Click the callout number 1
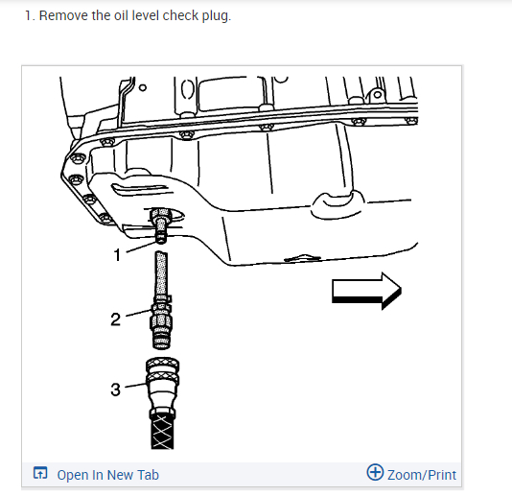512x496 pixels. tap(117, 255)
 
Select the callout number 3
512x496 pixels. tap(115, 389)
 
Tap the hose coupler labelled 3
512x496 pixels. tap(162, 384)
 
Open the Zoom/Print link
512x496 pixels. tap(422, 474)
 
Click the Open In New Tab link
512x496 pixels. tap(107, 475)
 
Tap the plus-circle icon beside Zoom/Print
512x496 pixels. tap(376, 473)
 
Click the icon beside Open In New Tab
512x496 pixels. tap(40, 474)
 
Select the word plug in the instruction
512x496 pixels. tap(216, 16)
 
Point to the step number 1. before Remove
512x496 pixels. tap(31, 16)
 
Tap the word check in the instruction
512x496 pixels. tap(179, 16)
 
